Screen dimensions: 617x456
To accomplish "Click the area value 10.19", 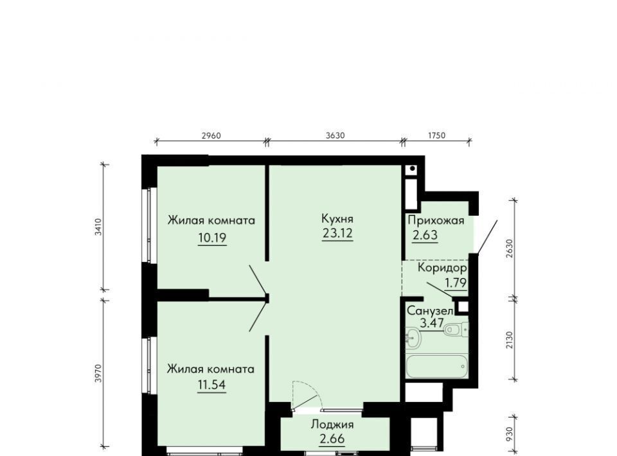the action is coord(212,238).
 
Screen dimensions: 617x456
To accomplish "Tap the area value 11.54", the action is coord(211,385).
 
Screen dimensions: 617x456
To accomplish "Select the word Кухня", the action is coord(337,218).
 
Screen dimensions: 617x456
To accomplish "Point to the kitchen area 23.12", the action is coord(337,234).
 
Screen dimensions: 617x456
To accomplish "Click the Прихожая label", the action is coord(436,220).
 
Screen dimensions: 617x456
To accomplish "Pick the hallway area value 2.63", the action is coord(425,235).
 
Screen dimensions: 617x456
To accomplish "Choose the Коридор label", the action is coord(442,268).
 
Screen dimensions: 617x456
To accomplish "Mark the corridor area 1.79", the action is coord(456,283).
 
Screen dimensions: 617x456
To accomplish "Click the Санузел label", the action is coord(430,311).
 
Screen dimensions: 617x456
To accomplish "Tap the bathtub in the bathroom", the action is coord(436,366).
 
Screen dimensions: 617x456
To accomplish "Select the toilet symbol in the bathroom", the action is coord(457,329).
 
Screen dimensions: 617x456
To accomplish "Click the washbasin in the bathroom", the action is coord(413,337).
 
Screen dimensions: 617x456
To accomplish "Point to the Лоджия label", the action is coord(332,425).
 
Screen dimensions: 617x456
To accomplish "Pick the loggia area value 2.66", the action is coord(332,439).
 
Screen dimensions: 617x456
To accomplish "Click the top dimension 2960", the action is coord(211,136).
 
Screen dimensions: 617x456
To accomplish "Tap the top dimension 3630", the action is coord(335,136).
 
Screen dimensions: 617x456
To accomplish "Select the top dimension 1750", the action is coord(436,136).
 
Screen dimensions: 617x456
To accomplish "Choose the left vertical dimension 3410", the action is coord(98,227).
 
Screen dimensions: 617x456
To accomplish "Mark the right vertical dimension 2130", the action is coord(510,340).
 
